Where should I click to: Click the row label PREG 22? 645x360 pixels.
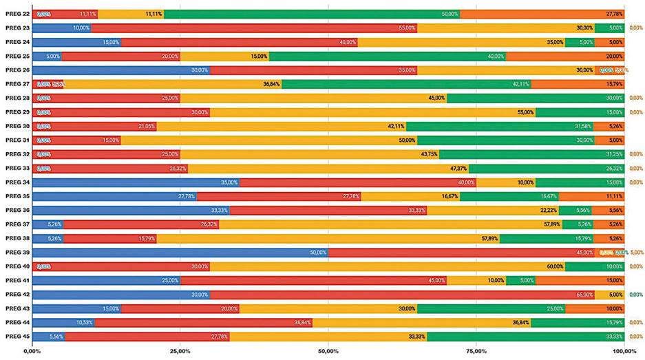[x=17, y=14]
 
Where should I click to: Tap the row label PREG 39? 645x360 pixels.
[x=17, y=252]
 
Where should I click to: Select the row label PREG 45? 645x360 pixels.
[x=17, y=336]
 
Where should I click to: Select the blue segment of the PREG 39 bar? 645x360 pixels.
[x=180, y=252]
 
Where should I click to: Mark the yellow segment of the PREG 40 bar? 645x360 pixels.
[x=388, y=266]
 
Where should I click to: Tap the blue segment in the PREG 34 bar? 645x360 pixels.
[x=136, y=182]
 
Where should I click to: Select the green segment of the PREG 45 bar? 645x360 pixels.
[x=525, y=336]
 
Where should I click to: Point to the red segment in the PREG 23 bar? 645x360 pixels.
[x=253, y=28]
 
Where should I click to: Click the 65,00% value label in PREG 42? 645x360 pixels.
[x=584, y=294]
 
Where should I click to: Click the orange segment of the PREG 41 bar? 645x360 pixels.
[x=580, y=280]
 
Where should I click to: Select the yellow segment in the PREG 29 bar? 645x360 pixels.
[x=372, y=112]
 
